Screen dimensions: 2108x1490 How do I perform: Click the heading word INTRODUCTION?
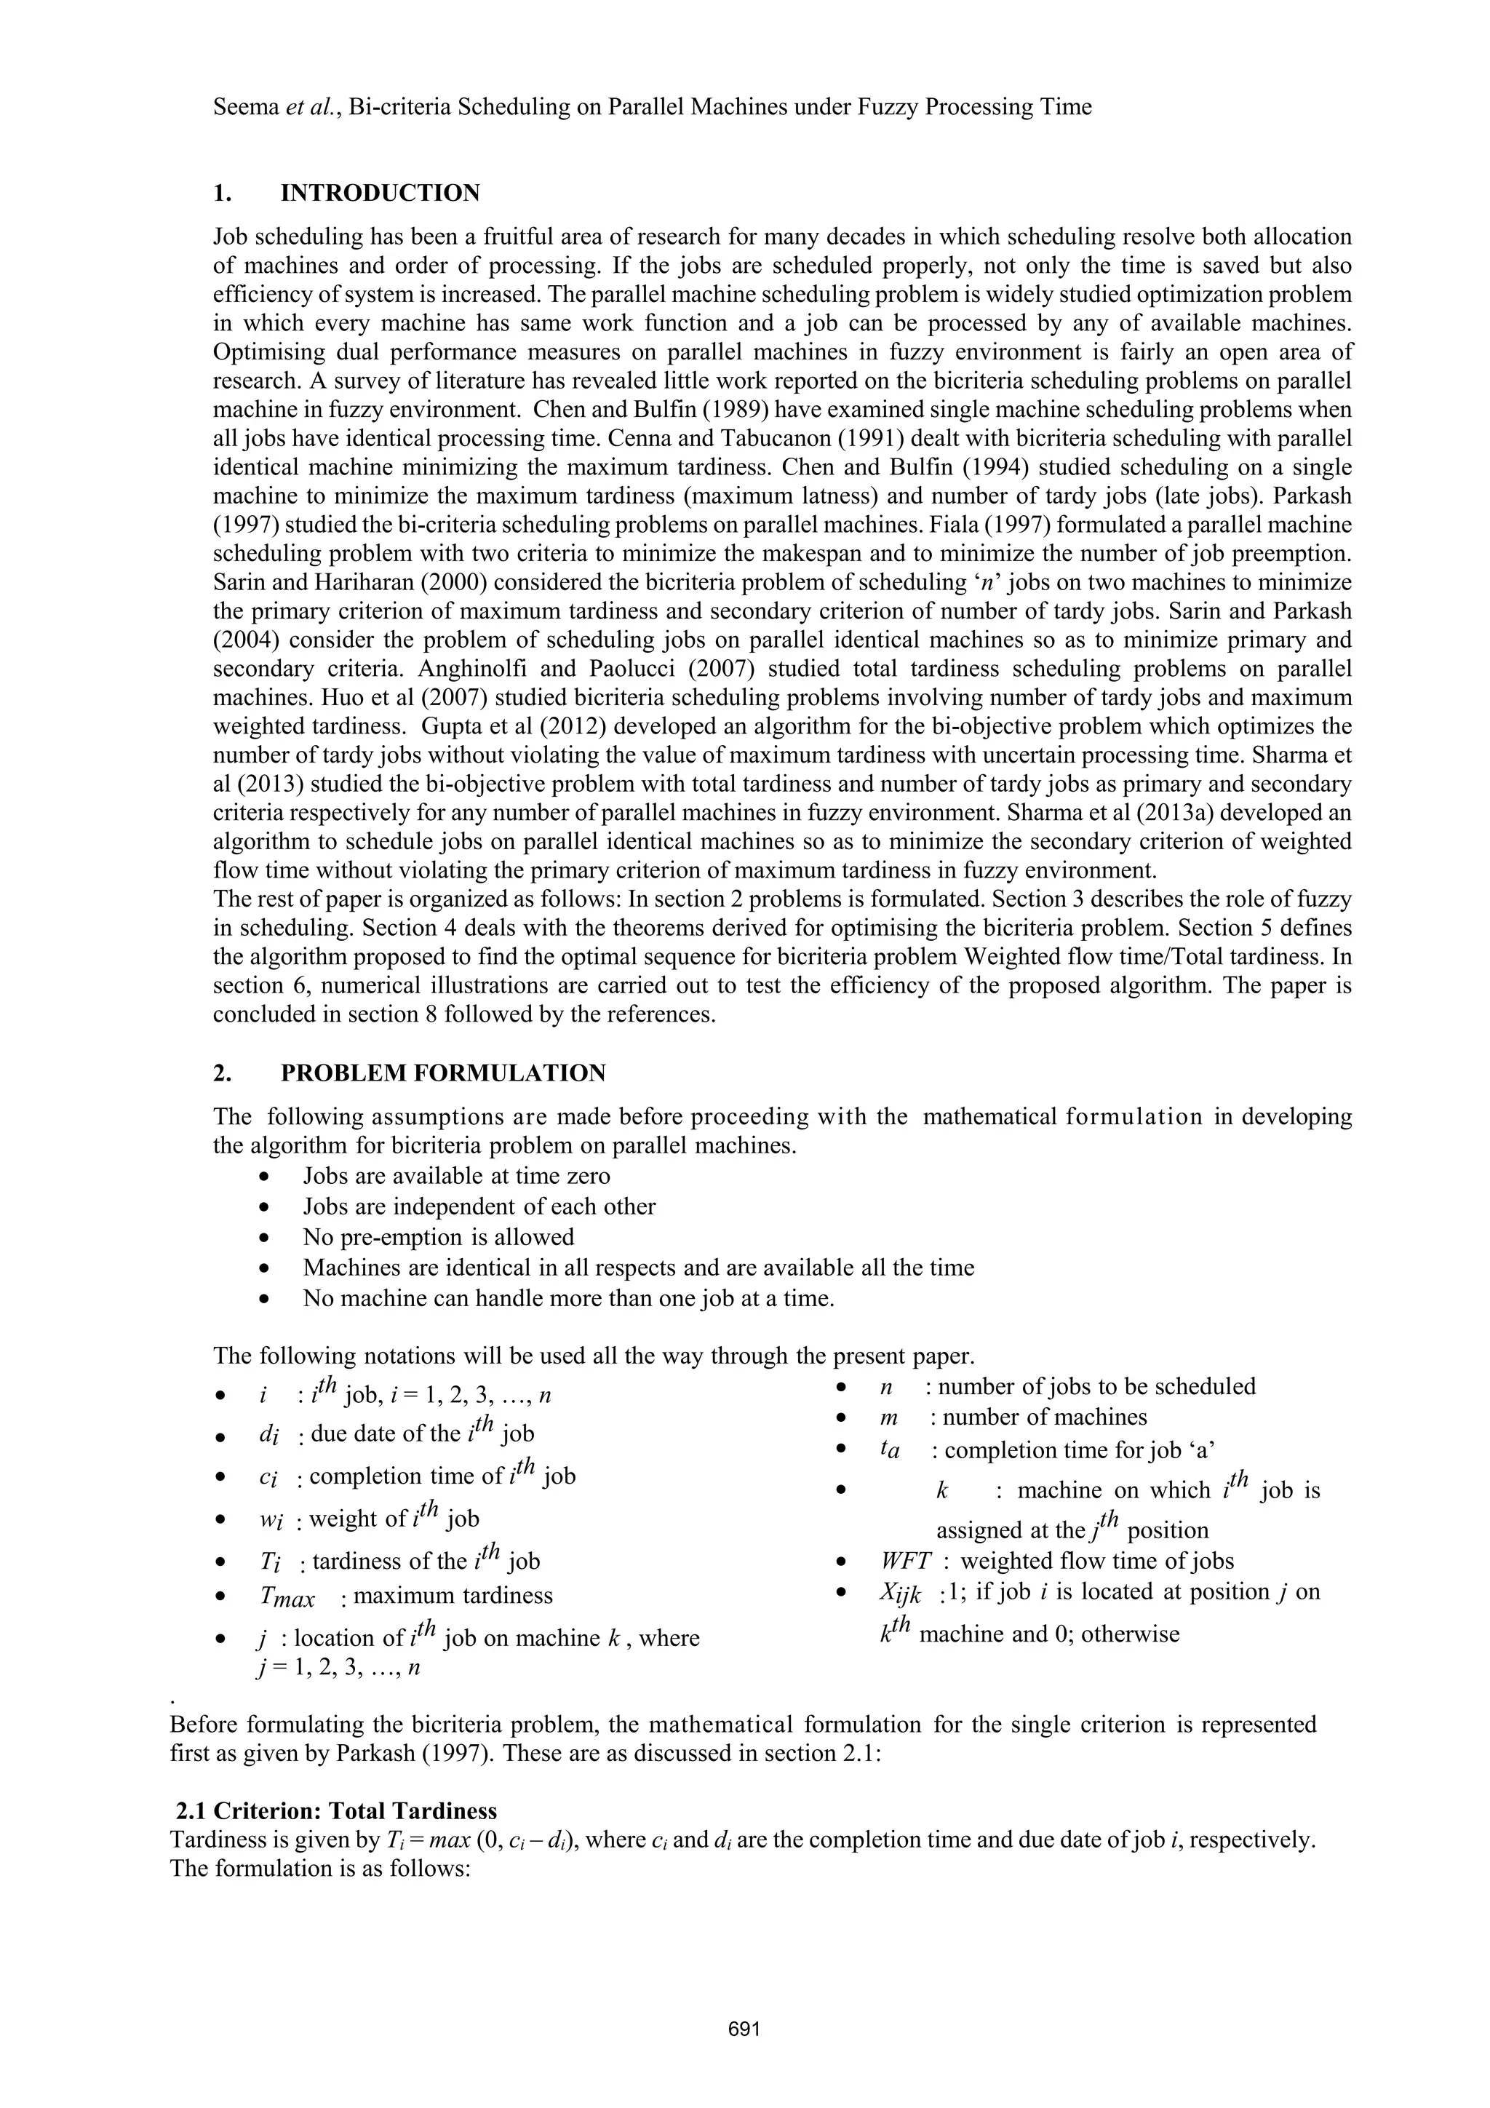pos(380,193)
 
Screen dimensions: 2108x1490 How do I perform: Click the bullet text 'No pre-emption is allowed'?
pos(438,1237)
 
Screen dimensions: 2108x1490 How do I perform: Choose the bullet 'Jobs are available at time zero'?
pos(456,1176)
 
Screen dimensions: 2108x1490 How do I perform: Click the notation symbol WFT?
pos(905,1561)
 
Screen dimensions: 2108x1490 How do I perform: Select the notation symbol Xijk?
pos(900,1593)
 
